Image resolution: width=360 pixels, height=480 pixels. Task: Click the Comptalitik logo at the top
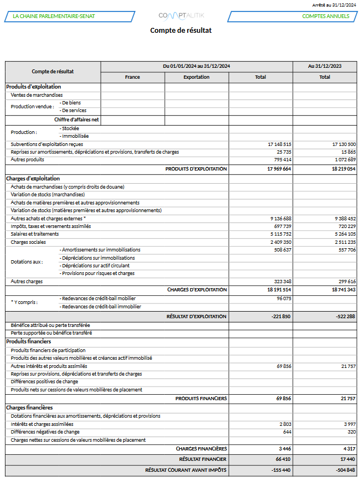click(x=181, y=16)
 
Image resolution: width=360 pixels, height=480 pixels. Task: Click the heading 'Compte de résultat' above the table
click(x=181, y=31)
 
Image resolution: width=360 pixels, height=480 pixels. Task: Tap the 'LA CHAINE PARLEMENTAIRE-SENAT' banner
click(x=54, y=16)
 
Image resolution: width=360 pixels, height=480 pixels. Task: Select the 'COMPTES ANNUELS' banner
click(x=326, y=16)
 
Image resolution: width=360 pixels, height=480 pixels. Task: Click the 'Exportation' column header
click(x=196, y=77)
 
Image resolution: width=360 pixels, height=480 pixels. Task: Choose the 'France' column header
click(x=132, y=77)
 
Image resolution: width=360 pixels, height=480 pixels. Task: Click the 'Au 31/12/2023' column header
click(x=325, y=66)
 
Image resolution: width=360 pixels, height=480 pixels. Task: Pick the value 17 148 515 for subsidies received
click(x=280, y=144)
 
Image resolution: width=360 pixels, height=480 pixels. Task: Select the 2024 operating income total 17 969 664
click(x=279, y=169)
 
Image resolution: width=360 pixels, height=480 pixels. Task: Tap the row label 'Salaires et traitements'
click(x=34, y=234)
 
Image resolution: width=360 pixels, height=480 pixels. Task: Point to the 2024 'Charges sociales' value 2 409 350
click(x=280, y=242)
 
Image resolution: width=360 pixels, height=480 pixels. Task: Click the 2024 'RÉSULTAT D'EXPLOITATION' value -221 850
click(x=280, y=317)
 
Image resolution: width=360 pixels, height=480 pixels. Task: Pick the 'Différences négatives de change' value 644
click(x=287, y=432)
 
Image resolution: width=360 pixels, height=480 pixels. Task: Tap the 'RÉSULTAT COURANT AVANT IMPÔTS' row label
click(x=186, y=470)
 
